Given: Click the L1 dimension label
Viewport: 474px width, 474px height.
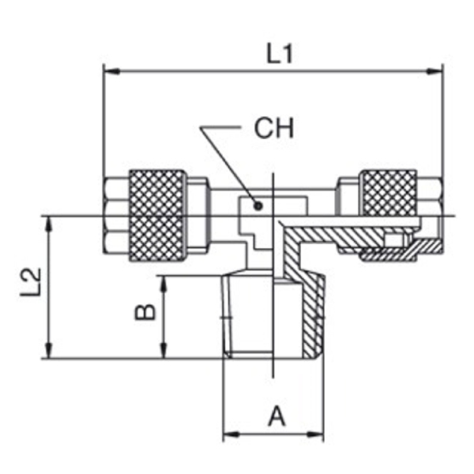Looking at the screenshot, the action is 280,54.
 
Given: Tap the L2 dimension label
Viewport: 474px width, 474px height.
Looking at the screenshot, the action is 31,282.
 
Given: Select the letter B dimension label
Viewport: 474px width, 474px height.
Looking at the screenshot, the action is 145,312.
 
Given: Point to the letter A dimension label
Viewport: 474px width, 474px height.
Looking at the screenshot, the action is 276,416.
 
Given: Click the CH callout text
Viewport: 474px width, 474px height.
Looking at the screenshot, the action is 274,128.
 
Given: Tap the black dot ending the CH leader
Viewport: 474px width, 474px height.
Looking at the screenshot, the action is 258,206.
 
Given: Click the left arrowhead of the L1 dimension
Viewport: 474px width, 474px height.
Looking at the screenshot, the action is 111,72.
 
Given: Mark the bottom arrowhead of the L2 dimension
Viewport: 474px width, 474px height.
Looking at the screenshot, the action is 48,350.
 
